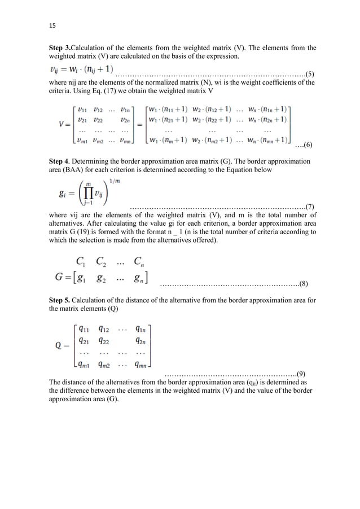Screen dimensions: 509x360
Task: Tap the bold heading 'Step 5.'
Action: (62, 293)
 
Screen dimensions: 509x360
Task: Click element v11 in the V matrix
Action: (83, 109)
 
